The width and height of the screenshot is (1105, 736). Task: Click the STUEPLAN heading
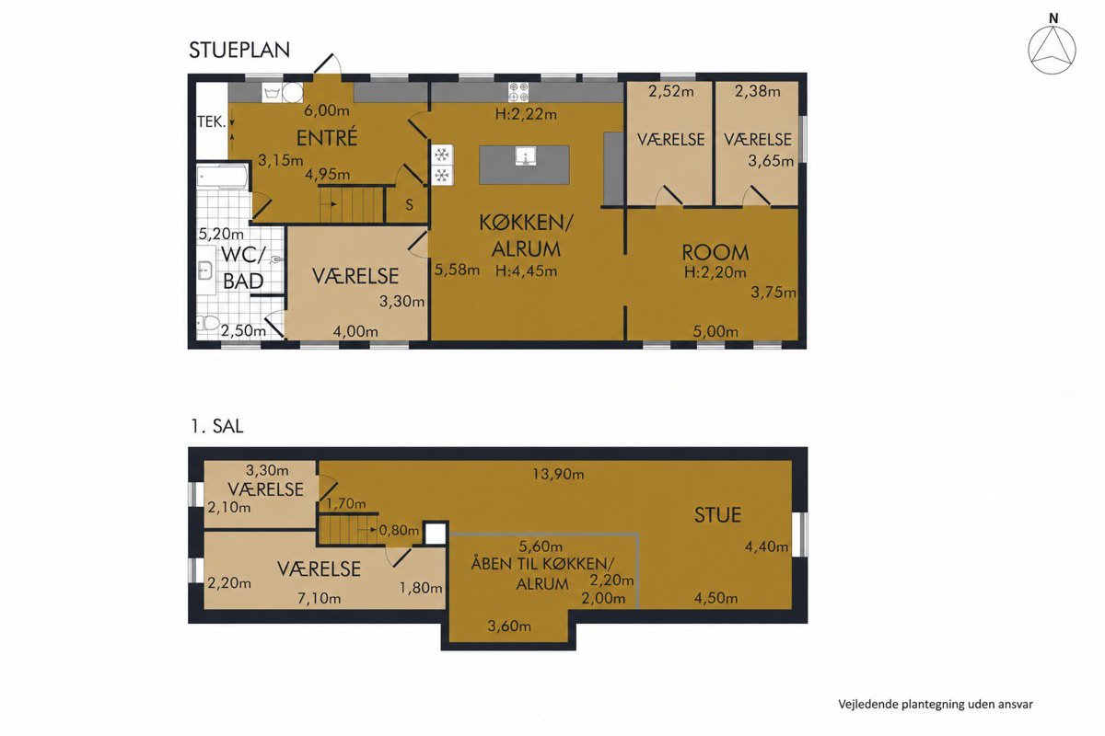coord(239,51)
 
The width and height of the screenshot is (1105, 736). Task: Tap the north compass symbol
coord(1053,51)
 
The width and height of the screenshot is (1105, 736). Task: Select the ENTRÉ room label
coord(327,137)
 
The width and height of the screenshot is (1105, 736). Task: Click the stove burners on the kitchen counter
coord(518,92)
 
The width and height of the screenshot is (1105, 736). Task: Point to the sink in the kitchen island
coord(526,156)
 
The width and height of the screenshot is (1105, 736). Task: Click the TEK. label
coord(211,121)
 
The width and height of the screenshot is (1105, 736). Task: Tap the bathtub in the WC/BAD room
coord(222,177)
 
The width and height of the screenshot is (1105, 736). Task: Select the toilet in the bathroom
coord(208,323)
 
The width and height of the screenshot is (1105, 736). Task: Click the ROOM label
coord(715,253)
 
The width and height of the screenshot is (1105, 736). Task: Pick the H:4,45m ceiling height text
coord(527,270)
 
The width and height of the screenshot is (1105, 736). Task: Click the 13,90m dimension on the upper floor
coord(558,474)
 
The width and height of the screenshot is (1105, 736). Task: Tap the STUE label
coord(717,515)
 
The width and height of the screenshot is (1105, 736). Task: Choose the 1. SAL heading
coord(217,426)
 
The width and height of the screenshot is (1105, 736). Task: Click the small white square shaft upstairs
coord(435,534)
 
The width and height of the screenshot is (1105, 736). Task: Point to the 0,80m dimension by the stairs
coord(399,531)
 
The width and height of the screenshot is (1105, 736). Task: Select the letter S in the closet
coord(410,204)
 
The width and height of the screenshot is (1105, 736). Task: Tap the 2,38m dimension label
coord(757,91)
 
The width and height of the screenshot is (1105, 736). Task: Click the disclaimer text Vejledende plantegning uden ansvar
coord(936,705)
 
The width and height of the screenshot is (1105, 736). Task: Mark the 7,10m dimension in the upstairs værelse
coord(319,599)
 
